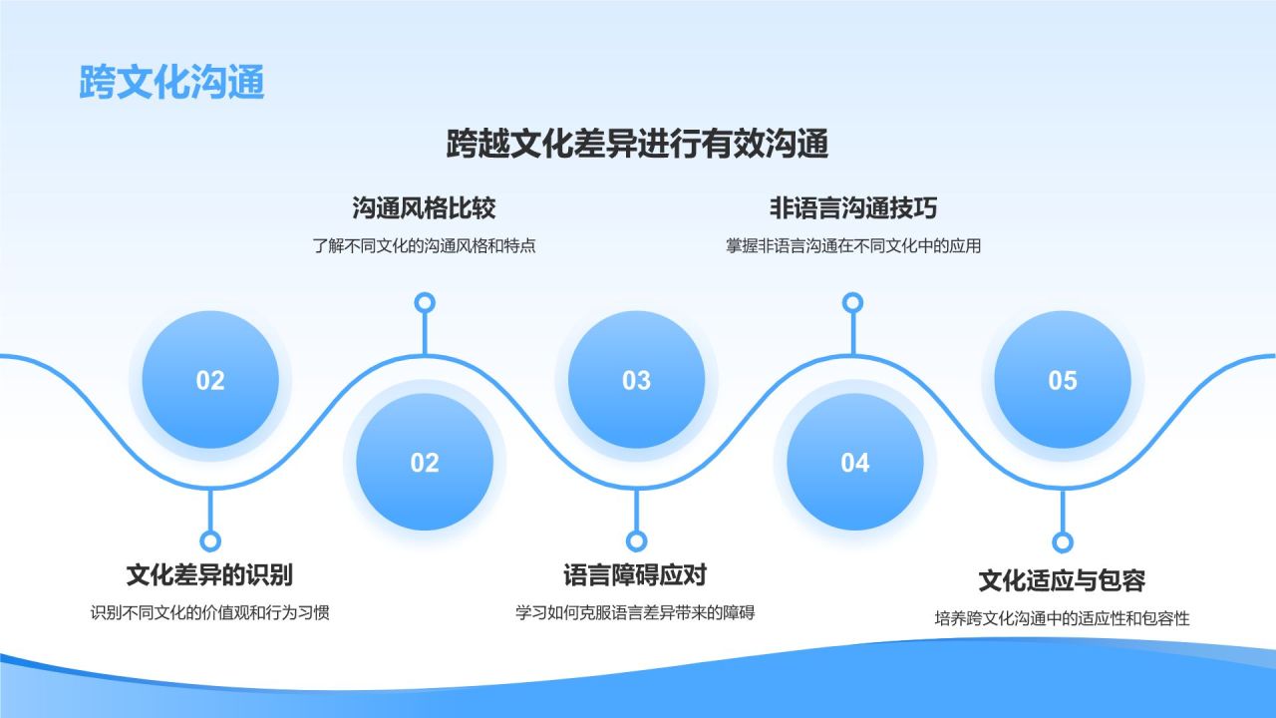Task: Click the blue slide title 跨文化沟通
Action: coord(171,83)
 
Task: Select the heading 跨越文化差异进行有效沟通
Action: coord(638,145)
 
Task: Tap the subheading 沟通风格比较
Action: coord(424,208)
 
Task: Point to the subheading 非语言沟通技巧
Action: coord(852,208)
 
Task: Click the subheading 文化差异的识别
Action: coord(209,574)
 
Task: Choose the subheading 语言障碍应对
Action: coord(635,575)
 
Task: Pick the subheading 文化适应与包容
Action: coord(1062,580)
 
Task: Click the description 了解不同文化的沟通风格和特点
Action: coord(424,245)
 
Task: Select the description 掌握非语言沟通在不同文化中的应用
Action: coord(852,245)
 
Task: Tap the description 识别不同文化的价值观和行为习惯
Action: coord(209,612)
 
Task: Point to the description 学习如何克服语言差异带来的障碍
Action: coord(635,612)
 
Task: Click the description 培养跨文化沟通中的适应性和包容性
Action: coord(1062,618)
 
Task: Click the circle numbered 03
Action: coord(636,380)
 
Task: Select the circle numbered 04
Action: coord(854,462)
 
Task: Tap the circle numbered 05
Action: coord(1063,380)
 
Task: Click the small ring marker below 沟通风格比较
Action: coord(425,302)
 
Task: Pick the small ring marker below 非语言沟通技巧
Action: coord(852,302)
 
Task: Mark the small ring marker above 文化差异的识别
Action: coord(209,540)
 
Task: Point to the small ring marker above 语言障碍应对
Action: coord(636,540)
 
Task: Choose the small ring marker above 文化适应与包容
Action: coord(1063,541)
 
